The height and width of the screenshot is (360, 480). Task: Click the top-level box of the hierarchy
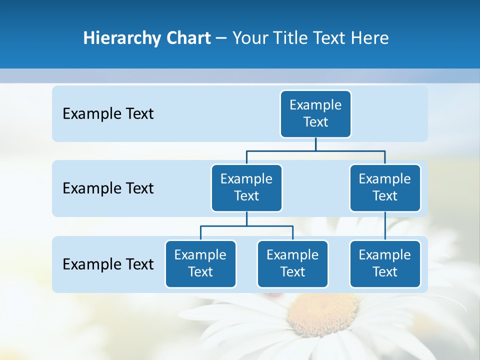[315, 113]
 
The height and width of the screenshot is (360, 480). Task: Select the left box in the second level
[246, 187]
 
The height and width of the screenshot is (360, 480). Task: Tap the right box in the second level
[385, 187]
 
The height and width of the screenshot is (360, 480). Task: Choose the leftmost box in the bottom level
[200, 263]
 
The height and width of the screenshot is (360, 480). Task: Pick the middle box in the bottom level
[292, 263]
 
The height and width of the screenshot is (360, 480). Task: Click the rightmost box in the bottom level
[385, 263]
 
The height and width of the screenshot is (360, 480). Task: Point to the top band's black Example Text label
[108, 114]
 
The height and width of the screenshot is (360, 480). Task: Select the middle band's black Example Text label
[108, 188]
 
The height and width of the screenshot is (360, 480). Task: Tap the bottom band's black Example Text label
[108, 264]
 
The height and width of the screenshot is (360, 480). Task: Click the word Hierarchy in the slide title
[121, 38]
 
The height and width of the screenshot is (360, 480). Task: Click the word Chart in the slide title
[188, 38]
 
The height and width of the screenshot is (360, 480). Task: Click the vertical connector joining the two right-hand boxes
[385, 226]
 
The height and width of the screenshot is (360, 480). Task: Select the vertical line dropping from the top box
[315, 144]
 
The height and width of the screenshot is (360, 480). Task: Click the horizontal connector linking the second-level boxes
[315, 150]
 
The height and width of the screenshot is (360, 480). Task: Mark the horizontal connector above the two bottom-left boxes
[246, 226]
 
